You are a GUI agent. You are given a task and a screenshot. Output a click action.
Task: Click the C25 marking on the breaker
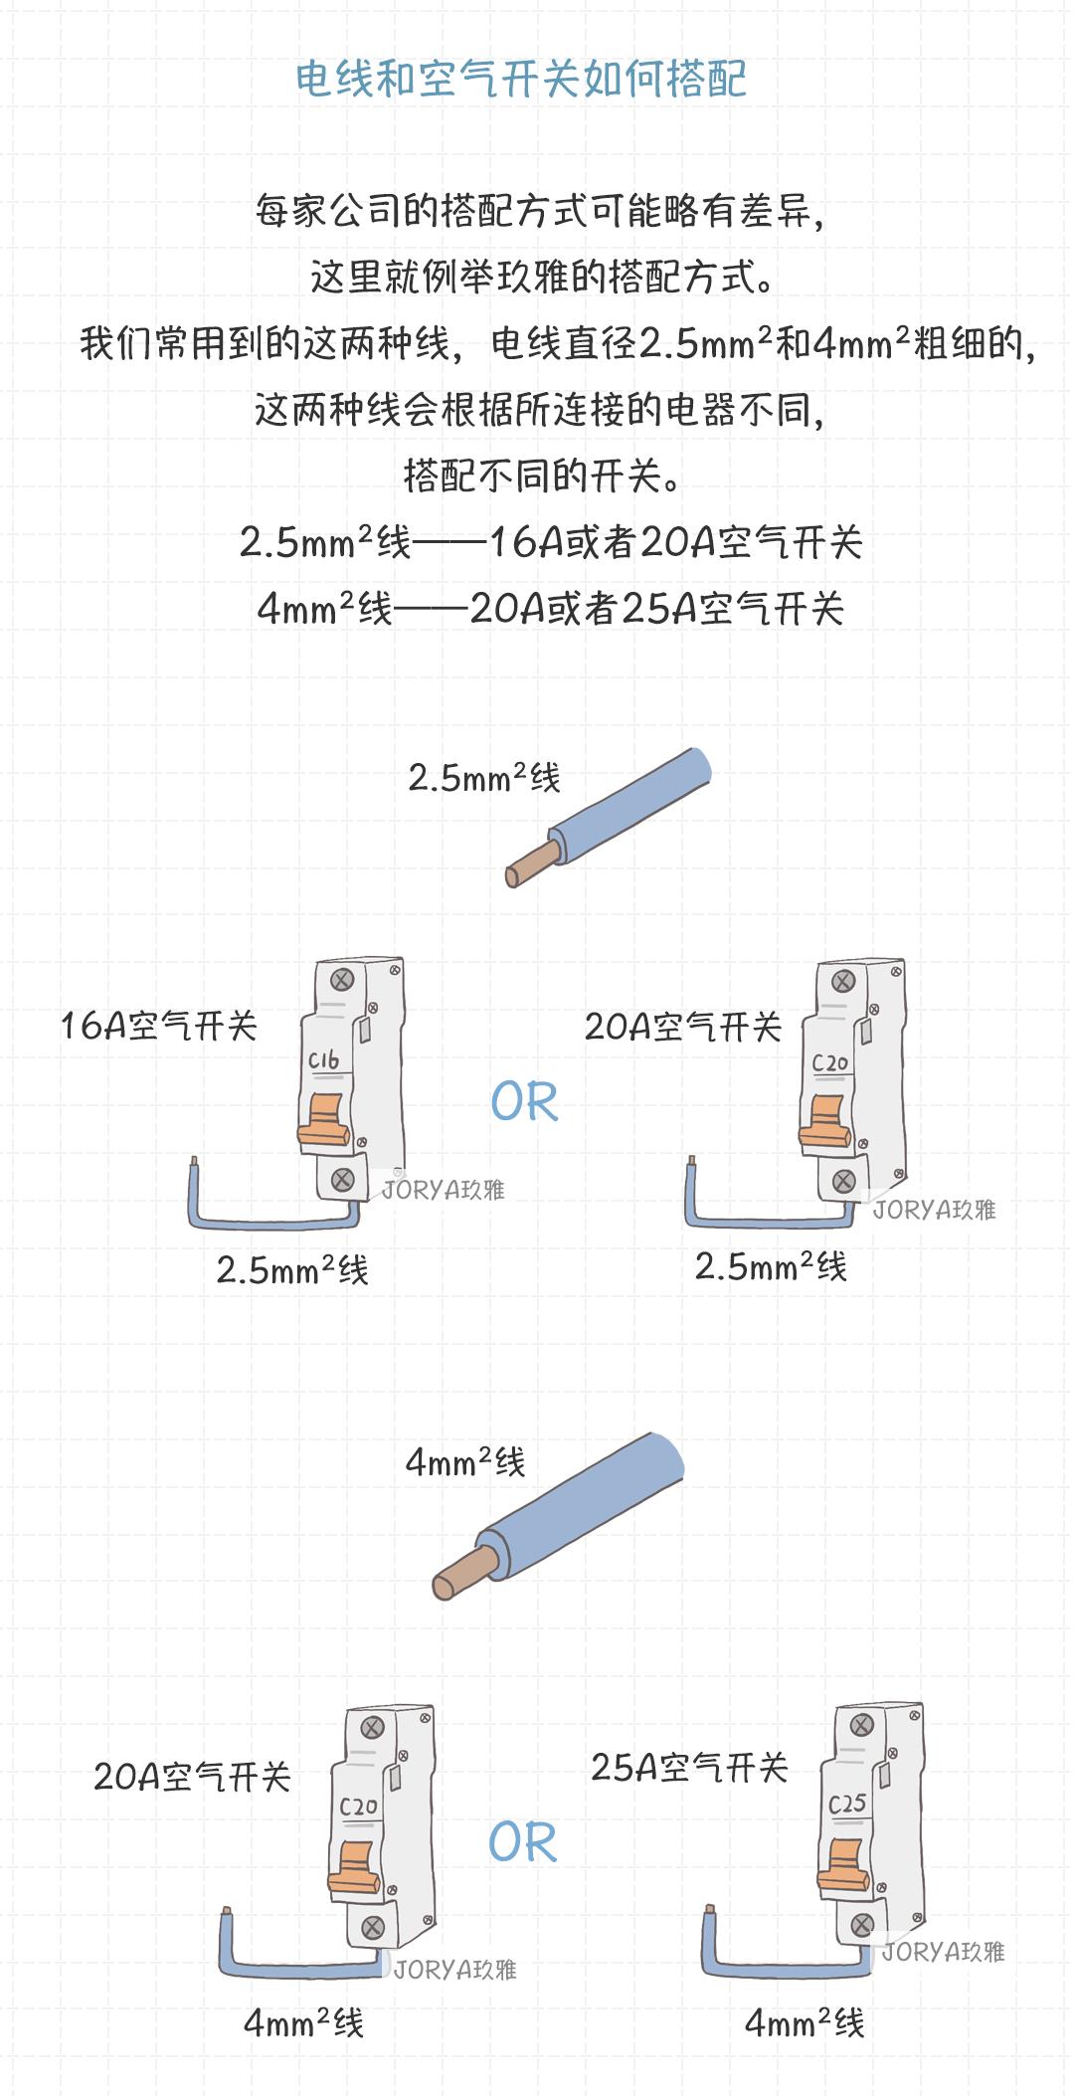(847, 1804)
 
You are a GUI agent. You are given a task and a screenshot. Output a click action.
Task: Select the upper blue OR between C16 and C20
(525, 1102)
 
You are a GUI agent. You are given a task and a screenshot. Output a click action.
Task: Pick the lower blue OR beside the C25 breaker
(523, 1842)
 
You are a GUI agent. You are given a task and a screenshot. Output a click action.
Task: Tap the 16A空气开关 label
(159, 1026)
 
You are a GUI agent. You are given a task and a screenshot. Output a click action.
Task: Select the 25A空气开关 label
(689, 1768)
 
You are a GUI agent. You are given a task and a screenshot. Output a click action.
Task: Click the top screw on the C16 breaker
(341, 980)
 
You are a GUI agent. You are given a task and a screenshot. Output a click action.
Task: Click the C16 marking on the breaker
(324, 1061)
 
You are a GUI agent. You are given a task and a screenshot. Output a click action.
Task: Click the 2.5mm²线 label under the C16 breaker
(292, 1270)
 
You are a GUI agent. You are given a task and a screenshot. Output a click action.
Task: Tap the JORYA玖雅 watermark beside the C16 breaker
(444, 1189)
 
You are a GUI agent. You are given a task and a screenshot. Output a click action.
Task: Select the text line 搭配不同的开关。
(542, 476)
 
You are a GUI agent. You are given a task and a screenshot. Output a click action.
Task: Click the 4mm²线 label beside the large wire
(464, 1462)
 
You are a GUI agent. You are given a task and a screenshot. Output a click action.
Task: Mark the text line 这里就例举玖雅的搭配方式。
(542, 278)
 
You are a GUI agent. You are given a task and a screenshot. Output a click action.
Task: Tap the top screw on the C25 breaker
(862, 1725)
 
